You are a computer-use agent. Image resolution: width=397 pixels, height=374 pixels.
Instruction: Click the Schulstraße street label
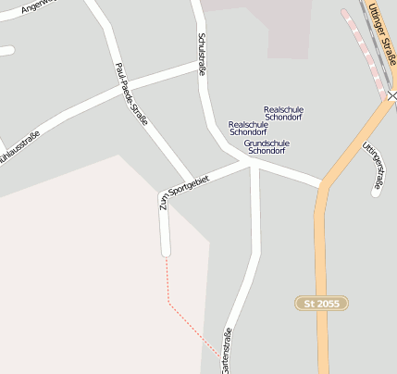pos(201,55)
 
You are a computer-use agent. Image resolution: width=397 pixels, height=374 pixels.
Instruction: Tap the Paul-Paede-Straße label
pos(132,96)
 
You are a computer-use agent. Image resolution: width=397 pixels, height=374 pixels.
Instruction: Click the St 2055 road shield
pos(321,303)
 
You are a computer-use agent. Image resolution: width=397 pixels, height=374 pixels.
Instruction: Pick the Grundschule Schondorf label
pos(267,146)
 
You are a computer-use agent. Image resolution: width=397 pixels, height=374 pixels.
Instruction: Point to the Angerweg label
pos(37,8)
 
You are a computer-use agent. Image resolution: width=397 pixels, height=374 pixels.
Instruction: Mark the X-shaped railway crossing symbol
pos(392,95)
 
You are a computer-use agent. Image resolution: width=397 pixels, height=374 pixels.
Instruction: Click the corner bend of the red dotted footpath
pos(168,301)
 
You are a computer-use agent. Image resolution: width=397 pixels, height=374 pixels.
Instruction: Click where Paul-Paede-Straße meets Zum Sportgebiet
pos(192,180)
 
